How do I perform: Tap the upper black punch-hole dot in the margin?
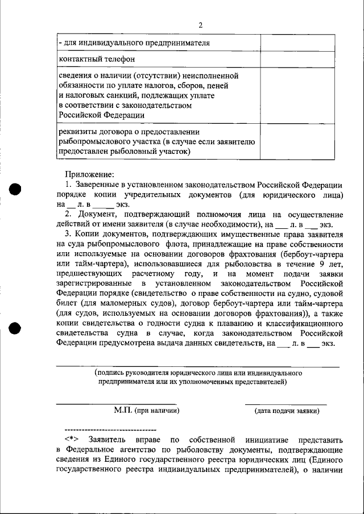click(15, 190)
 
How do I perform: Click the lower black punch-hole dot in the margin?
click(15, 328)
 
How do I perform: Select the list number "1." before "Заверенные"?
click(68, 185)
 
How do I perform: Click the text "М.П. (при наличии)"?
click(146, 410)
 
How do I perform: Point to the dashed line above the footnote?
click(111, 429)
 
